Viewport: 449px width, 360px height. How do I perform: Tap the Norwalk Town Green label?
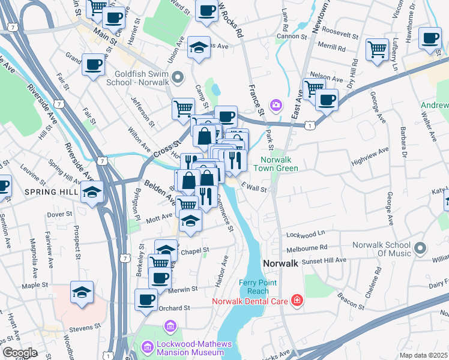[279, 164]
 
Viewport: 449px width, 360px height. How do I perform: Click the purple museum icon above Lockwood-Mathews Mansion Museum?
[170, 326]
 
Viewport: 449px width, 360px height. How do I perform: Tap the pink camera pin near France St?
[276, 105]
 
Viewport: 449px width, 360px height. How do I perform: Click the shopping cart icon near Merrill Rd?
[377, 49]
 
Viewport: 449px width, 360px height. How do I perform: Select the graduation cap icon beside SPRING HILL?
[91, 193]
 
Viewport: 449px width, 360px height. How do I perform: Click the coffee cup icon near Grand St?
[93, 64]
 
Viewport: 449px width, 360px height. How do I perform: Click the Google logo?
[20, 353]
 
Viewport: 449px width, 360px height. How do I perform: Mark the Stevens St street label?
[85, 328]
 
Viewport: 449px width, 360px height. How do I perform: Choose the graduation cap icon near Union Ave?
[198, 48]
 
